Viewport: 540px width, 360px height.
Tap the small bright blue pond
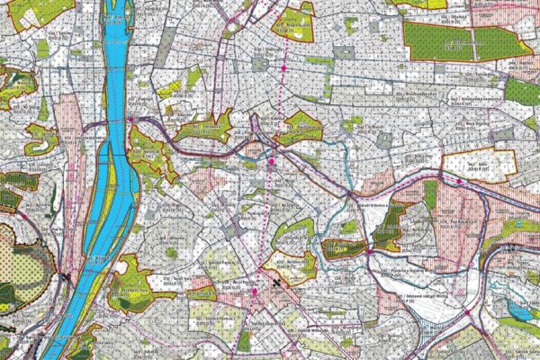520,310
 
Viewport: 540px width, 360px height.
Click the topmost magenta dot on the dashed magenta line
283,67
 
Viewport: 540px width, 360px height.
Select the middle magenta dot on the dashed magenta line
271,162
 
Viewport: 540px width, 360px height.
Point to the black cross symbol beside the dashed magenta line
275,282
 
